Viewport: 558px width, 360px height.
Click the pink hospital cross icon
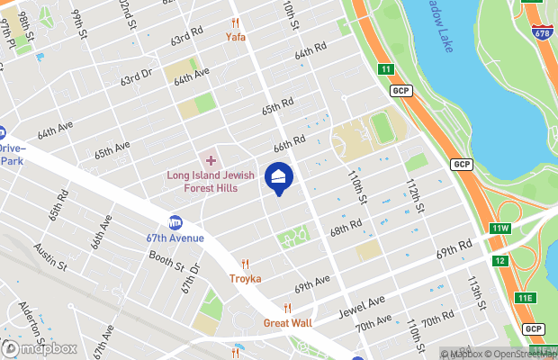pos(211,160)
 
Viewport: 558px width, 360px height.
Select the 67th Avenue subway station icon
pos(175,222)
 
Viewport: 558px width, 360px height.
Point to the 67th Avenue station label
pos(175,238)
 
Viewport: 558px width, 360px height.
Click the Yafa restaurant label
pos(235,37)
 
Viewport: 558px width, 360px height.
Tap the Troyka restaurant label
pos(245,279)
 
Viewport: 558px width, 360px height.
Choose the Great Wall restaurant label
pos(287,322)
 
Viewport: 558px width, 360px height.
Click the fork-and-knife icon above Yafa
pos(235,23)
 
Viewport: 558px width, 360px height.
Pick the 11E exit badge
pos(525,297)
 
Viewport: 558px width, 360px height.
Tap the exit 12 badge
pos(499,261)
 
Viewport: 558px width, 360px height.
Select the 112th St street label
pos(414,193)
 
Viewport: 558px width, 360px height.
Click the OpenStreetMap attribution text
pos(523,354)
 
